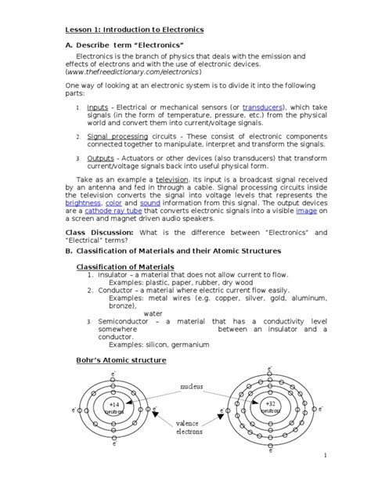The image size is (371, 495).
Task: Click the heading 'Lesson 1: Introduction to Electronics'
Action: pos(134,29)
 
